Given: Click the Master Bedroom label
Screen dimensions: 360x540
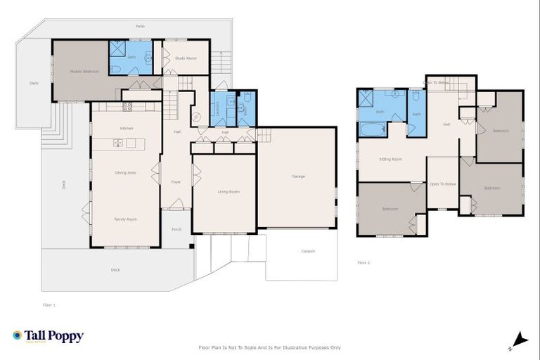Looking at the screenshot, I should [84, 71].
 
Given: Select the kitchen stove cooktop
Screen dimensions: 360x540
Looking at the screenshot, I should [127, 107].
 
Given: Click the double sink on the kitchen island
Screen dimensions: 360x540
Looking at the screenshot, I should [117, 143].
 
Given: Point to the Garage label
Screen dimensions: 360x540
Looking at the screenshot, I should [298, 176].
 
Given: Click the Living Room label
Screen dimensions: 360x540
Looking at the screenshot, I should [229, 191].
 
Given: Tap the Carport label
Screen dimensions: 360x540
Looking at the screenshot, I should [308, 251].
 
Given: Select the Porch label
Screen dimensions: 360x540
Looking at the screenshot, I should [176, 229].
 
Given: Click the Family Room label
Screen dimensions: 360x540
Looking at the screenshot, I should [126, 219].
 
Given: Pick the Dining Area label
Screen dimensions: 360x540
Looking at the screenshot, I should [126, 172].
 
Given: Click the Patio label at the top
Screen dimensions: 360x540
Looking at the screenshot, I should [141, 27].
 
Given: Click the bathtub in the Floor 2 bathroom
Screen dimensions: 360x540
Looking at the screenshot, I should [372, 129].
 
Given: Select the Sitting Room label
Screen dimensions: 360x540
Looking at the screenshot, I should [390, 160].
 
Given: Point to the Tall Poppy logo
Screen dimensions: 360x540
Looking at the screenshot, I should [48, 336].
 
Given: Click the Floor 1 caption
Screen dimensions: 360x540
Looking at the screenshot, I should [49, 304].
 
